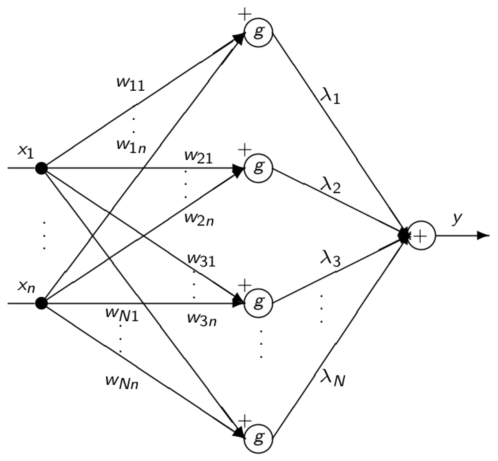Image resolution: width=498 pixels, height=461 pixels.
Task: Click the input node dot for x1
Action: (x=41, y=168)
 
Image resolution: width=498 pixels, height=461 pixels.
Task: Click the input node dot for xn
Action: (x=41, y=303)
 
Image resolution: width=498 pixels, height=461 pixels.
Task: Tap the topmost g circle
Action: (x=258, y=32)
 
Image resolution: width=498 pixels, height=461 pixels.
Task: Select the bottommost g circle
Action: (x=258, y=439)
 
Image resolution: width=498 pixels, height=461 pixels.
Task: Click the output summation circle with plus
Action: (x=421, y=236)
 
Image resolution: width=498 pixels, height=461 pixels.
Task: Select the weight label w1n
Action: (x=131, y=146)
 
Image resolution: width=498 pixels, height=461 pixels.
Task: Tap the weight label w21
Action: (x=198, y=157)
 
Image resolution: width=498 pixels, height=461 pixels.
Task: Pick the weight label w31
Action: (x=201, y=260)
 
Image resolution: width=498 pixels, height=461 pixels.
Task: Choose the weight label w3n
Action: (x=202, y=319)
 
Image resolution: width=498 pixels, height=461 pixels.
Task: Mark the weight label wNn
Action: (x=122, y=382)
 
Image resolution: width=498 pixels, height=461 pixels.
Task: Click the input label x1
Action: (x=25, y=152)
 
